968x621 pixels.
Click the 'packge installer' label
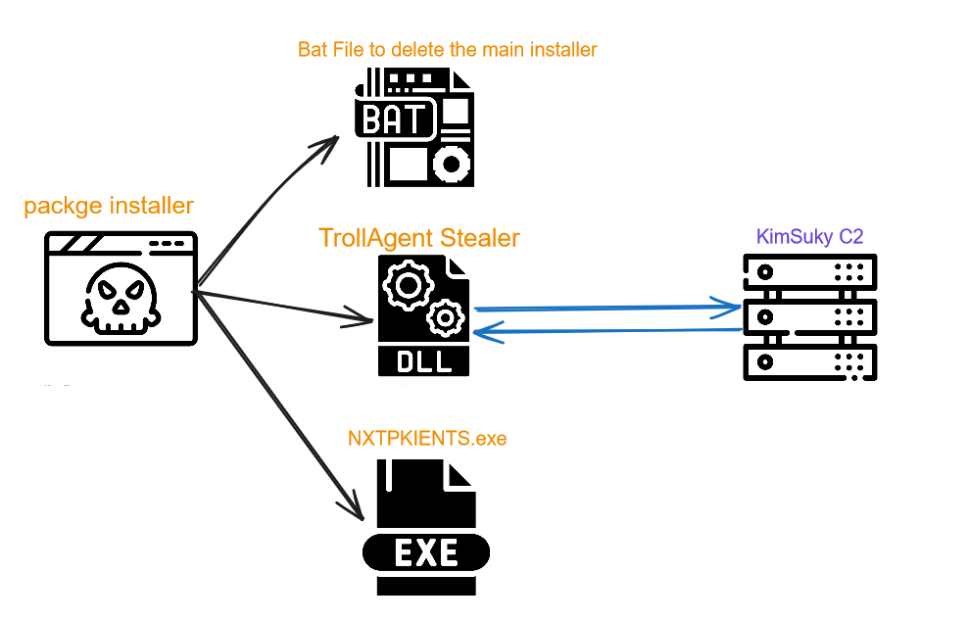109,206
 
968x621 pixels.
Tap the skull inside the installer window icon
121,299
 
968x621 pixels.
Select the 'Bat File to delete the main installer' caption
447,49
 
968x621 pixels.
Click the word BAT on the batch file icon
393,119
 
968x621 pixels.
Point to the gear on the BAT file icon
452,165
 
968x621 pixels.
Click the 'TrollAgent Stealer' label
419,238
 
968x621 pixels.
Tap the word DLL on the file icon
424,361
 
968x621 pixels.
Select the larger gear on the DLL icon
408,285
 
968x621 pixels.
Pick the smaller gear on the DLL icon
445,318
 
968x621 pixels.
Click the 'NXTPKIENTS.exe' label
427,438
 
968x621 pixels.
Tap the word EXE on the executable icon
426,552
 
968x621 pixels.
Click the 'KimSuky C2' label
809,236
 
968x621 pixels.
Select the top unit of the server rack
810,271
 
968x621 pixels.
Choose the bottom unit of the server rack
810,362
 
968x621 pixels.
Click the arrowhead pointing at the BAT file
327,148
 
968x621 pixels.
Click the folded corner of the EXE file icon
459,474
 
